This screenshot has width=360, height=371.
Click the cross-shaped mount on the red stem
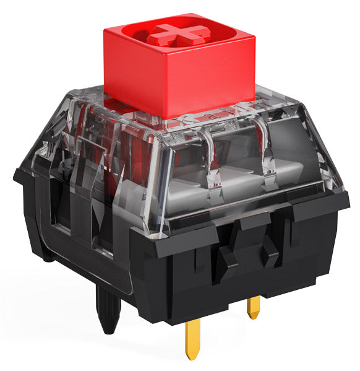pyautogui.click(x=178, y=33)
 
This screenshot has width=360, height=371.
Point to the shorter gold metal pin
pyautogui.click(x=253, y=307)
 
